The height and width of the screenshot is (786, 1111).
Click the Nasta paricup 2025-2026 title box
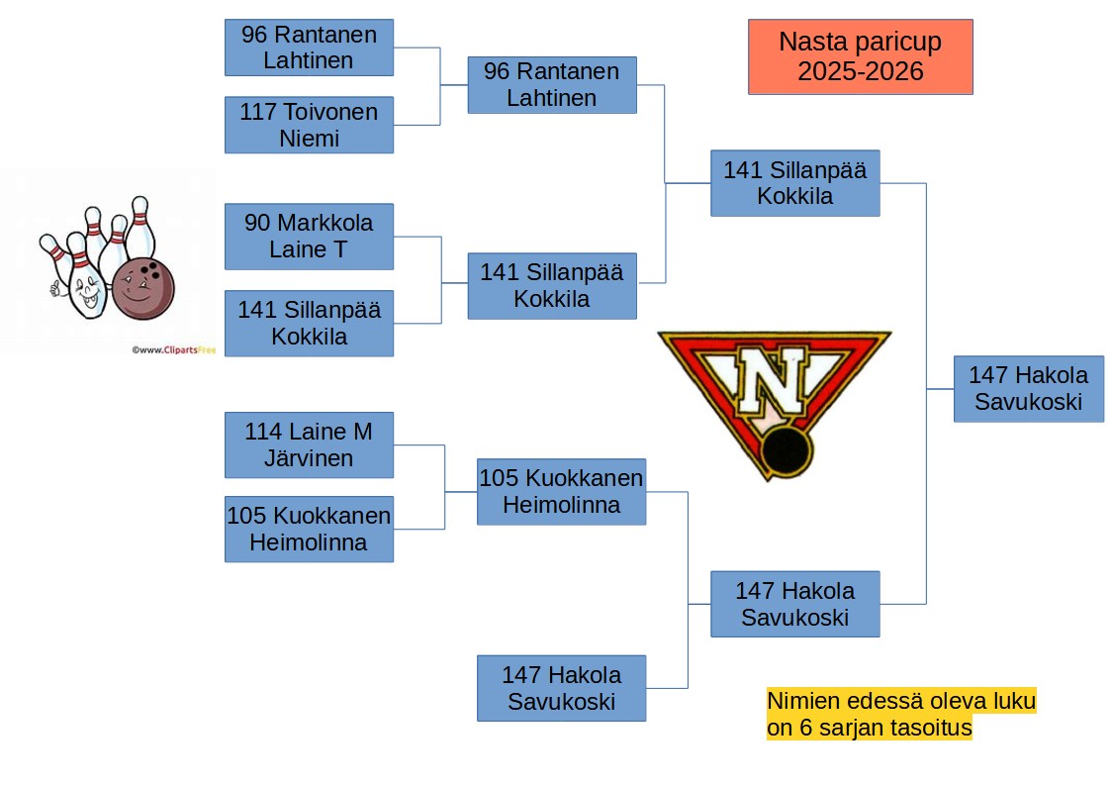[860, 56]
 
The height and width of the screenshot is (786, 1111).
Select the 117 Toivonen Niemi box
[309, 125]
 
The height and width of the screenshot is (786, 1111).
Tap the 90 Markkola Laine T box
[309, 236]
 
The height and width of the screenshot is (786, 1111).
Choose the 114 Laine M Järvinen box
[309, 444]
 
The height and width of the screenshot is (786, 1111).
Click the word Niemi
[309, 139]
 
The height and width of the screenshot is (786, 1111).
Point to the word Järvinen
[309, 458]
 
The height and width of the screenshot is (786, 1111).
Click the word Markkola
[324, 223]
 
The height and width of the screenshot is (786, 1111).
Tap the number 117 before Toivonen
[257, 112]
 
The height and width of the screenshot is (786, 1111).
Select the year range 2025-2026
[860, 71]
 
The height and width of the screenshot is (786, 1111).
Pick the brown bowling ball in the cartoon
[143, 288]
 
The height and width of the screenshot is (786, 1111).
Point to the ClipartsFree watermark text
[173, 349]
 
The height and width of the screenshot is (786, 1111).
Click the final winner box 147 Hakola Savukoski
[1029, 388]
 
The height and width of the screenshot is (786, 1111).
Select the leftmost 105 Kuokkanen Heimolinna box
[309, 529]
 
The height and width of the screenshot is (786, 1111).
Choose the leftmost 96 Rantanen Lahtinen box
[309, 48]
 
